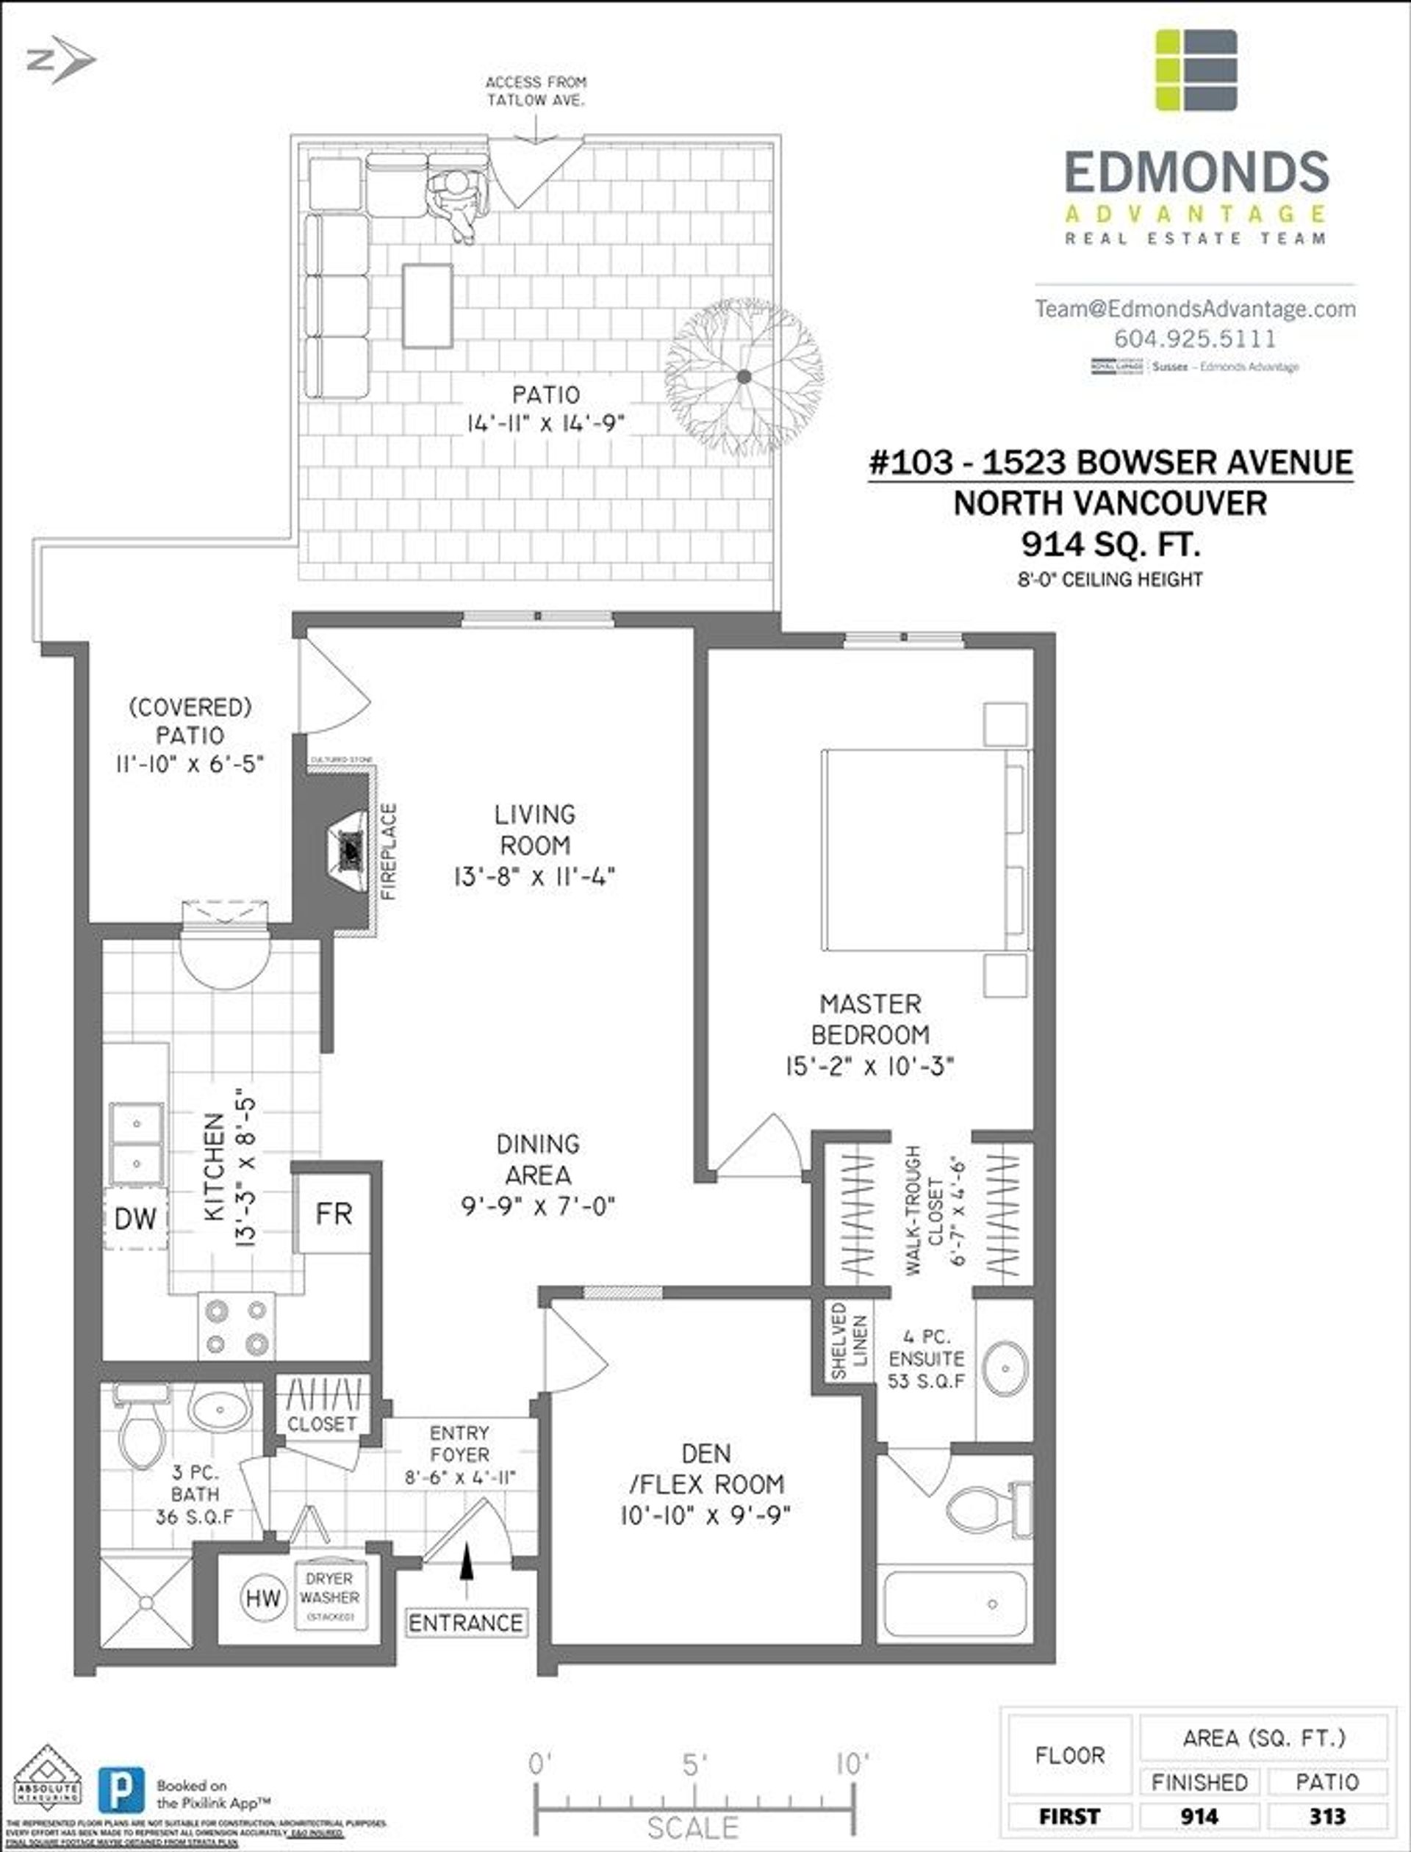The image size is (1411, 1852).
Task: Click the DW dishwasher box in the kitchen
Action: [x=135, y=1218]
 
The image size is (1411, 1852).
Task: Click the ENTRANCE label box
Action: [x=466, y=1623]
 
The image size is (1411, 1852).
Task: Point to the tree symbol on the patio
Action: [x=743, y=377]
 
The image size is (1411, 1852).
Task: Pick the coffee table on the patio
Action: [x=428, y=306]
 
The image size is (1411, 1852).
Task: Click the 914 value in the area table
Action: [x=1199, y=1816]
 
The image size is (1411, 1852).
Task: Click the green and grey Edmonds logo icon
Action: [x=1196, y=70]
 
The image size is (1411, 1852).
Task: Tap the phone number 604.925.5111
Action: [x=1194, y=339]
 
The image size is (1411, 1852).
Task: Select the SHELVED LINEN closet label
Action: [x=849, y=1341]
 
